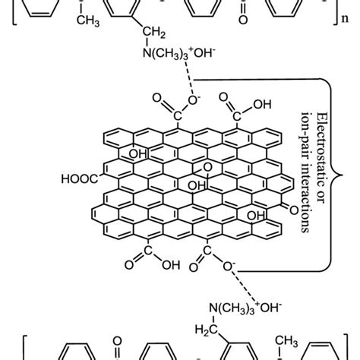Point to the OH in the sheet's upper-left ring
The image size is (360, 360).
138,154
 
